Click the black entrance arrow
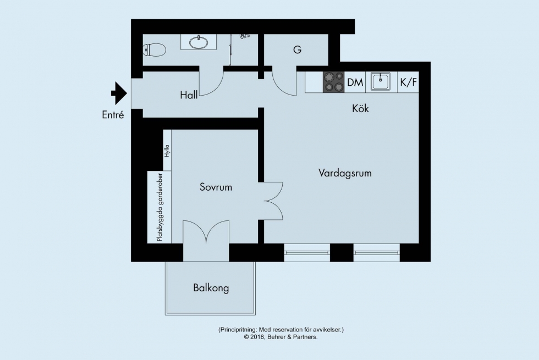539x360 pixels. tap(119, 93)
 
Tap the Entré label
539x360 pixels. tap(113, 115)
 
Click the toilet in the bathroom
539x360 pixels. tap(154, 50)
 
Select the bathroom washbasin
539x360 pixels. tap(199, 42)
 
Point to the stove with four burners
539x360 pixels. tap(333, 82)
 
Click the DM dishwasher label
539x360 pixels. tap(355, 82)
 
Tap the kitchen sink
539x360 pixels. tap(380, 81)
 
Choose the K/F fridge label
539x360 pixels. tap(408, 82)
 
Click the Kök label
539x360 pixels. tap(360, 109)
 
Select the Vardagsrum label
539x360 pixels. tap(345, 173)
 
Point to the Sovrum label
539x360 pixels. tap(216, 187)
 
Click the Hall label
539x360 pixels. tap(189, 95)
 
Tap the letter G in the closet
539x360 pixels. tap(298, 50)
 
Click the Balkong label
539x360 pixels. tap(211, 288)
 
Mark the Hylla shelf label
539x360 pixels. tap(167, 151)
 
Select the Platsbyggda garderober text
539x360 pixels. tap(159, 207)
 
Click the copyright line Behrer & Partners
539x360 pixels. tap(281, 337)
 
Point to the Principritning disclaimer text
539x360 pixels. tap(281, 330)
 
